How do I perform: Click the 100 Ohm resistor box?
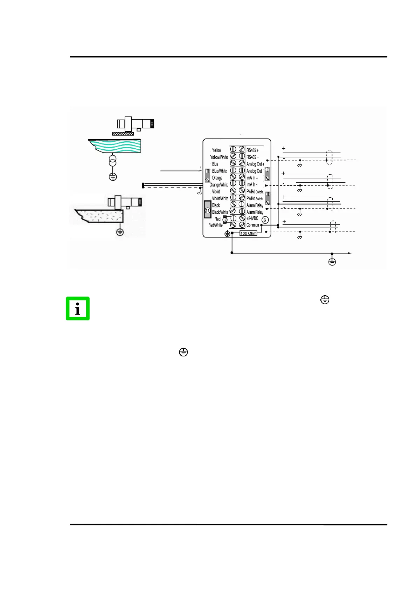(248, 233)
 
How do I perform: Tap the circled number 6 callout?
(265, 220)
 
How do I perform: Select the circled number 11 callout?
(208, 210)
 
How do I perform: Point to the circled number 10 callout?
(225, 220)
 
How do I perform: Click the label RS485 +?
(252, 150)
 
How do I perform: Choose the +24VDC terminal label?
(252, 218)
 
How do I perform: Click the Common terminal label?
(252, 225)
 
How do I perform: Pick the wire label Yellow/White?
(219, 157)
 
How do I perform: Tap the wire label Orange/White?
(219, 185)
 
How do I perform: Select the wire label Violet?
(216, 192)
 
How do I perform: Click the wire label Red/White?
(215, 225)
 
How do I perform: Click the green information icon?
(78, 308)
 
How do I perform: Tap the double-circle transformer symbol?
(112, 162)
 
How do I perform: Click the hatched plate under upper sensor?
(123, 134)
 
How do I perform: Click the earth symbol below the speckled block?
(120, 232)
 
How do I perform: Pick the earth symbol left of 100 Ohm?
(228, 234)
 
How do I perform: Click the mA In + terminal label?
(252, 178)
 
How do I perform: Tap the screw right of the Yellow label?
(233, 149)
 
